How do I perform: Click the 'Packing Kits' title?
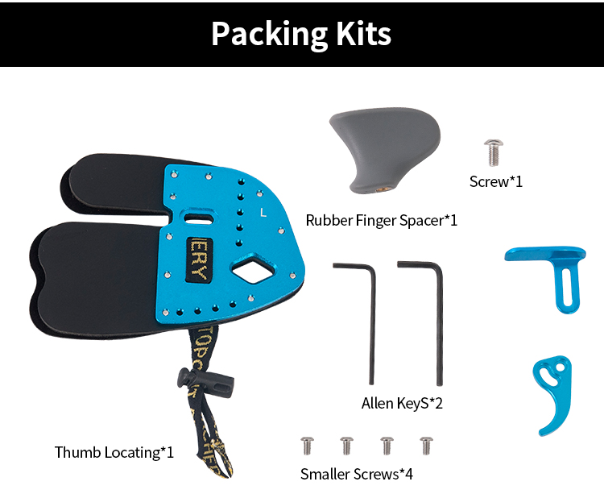(301, 34)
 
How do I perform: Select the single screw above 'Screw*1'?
(494, 151)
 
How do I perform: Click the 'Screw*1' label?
(496, 181)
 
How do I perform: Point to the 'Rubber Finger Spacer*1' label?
(382, 219)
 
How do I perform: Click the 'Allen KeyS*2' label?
(402, 403)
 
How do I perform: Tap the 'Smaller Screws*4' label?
(357, 474)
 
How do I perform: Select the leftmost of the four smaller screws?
(307, 445)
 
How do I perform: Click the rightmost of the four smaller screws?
(426, 445)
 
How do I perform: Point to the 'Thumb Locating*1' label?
(114, 452)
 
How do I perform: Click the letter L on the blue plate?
(263, 214)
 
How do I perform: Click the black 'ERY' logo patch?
(198, 259)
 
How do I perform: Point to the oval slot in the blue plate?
(198, 218)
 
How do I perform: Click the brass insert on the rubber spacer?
(383, 189)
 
